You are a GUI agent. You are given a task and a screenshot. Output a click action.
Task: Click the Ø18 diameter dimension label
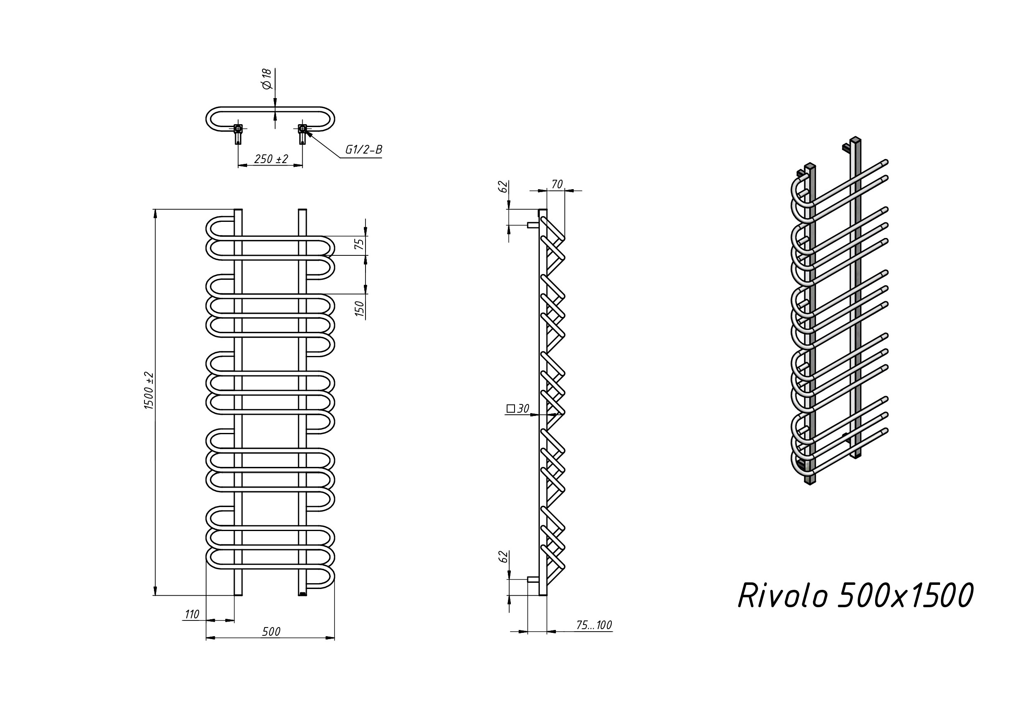pos(267,79)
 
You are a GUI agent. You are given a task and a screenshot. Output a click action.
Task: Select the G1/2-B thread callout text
pos(363,150)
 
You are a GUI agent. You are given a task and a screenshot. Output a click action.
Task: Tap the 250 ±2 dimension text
pos(271,159)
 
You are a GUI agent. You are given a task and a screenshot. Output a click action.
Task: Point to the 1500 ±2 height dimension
pos(149,390)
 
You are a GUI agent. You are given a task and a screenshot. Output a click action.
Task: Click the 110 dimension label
pos(192,615)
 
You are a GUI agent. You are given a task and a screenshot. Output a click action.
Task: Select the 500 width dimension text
pos(271,632)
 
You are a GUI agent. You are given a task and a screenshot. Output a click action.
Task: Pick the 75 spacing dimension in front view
pos(359,244)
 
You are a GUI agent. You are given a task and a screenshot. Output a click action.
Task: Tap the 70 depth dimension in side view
pos(557,184)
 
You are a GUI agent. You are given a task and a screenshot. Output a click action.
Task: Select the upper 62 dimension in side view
pos(503,187)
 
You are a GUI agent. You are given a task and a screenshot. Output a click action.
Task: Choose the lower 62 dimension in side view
pos(503,557)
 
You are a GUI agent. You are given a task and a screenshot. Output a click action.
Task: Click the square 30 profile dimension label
pos(518,409)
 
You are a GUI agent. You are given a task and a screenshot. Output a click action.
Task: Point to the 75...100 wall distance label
pos(594,625)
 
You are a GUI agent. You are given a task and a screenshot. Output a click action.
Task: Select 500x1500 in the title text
pos(905,596)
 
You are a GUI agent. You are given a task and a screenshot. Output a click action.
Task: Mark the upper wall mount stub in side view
pos(533,225)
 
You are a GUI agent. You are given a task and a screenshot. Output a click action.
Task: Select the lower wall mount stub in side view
pos(533,579)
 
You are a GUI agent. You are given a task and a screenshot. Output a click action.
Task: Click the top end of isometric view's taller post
pos(855,139)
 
